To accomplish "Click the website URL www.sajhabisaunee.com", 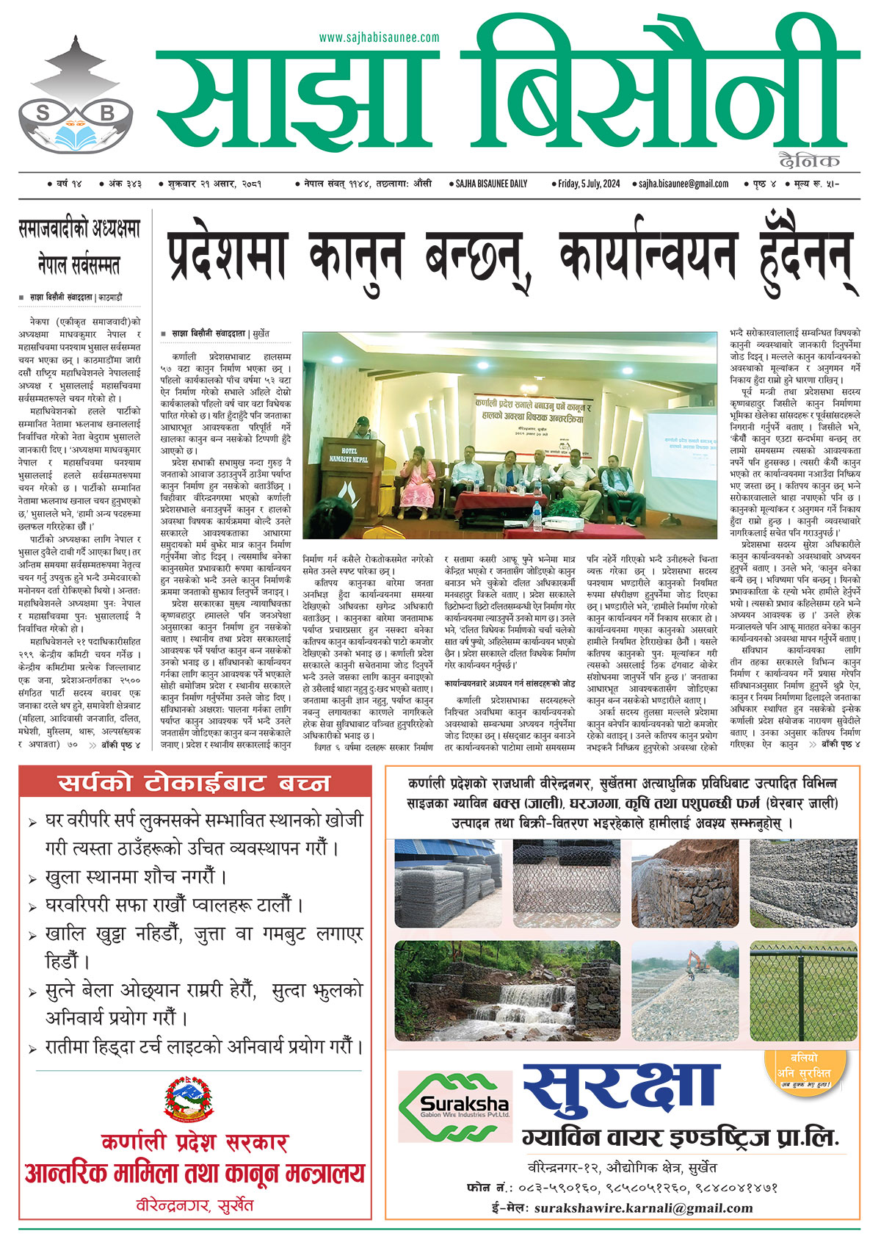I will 379,37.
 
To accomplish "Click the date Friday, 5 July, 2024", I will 590,184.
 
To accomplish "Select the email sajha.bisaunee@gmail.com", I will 683,184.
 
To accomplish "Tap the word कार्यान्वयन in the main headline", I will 646,254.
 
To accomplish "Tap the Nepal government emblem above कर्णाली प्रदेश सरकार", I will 194,1098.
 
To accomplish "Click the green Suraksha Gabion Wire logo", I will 454,1106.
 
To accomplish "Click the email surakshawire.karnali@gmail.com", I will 643,1208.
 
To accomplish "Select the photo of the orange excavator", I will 685,980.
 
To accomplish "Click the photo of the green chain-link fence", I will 803,980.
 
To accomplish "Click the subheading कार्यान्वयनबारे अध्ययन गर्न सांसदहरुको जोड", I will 509,683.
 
